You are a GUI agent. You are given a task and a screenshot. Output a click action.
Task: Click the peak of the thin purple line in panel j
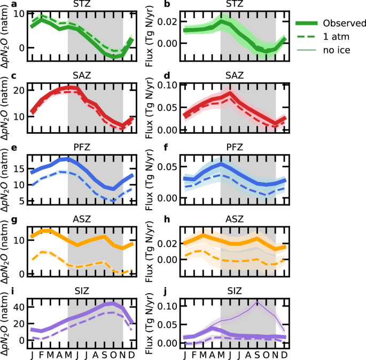258,302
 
